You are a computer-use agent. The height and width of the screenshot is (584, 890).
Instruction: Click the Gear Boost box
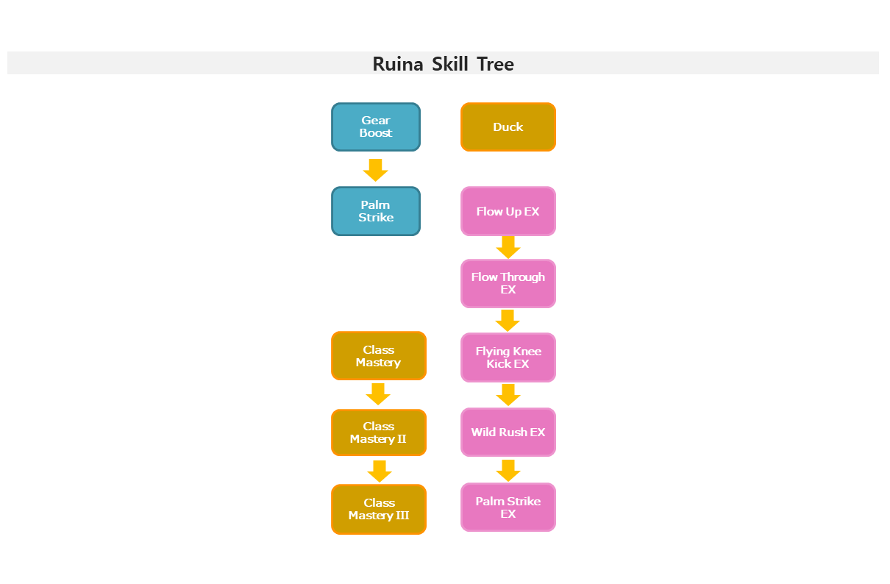point(376,127)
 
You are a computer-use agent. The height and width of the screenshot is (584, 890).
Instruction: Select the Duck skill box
point(508,127)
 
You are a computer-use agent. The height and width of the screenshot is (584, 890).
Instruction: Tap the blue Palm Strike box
point(376,211)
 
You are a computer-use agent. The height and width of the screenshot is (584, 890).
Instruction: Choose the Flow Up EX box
point(508,211)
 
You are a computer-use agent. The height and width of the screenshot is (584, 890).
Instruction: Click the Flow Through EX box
point(508,284)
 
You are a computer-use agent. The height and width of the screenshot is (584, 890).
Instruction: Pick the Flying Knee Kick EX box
point(508,357)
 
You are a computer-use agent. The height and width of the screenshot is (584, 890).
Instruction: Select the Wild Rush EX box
point(508,432)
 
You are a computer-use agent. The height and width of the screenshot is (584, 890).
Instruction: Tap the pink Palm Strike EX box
point(508,508)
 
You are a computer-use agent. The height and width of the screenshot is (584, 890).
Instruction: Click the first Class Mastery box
point(379,356)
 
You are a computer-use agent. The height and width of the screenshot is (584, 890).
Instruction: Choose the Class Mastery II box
point(379,432)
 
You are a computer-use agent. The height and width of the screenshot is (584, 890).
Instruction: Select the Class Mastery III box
point(379,509)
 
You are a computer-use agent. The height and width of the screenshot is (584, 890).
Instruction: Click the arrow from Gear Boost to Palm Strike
point(375,171)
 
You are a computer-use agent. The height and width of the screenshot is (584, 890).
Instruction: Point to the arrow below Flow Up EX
point(508,248)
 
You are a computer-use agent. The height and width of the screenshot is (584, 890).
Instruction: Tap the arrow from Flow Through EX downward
point(508,321)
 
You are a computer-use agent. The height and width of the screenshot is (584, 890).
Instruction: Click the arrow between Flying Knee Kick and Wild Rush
point(508,395)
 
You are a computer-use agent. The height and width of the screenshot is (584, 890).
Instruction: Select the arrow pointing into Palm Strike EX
point(508,471)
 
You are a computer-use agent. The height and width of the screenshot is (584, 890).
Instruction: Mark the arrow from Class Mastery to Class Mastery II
point(378,394)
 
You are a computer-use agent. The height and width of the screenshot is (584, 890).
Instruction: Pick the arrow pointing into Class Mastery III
point(380,471)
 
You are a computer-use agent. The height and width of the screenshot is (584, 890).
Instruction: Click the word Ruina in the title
point(398,65)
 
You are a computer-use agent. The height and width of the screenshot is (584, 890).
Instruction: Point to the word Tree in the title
point(496,65)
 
